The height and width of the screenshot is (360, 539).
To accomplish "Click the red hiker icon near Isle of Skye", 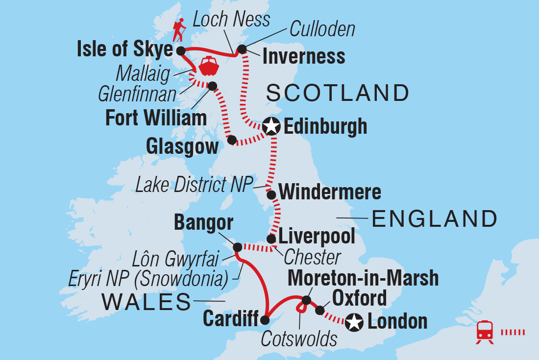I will click(x=179, y=30).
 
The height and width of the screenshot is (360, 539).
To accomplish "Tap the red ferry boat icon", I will click(x=209, y=66).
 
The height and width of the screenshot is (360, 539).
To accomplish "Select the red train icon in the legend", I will click(x=485, y=332).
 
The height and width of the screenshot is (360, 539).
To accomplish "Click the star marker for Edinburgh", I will click(x=270, y=127).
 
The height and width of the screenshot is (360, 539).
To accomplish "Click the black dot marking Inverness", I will click(x=242, y=49).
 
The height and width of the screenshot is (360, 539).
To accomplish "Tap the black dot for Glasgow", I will click(x=232, y=140).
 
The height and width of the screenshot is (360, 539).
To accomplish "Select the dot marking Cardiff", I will click(x=265, y=320).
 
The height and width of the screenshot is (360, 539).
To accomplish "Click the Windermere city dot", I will click(x=271, y=194).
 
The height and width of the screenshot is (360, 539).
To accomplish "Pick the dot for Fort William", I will click(x=213, y=86).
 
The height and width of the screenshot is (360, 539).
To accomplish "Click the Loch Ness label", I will click(x=231, y=19).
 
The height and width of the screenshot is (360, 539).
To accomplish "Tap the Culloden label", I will click(x=322, y=29).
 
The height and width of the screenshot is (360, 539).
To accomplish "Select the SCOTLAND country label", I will click(x=338, y=93).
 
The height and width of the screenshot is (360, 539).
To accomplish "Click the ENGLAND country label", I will click(x=435, y=219).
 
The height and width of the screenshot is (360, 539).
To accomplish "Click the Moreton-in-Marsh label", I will click(x=363, y=278).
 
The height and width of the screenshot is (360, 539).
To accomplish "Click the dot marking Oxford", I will click(x=319, y=310).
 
